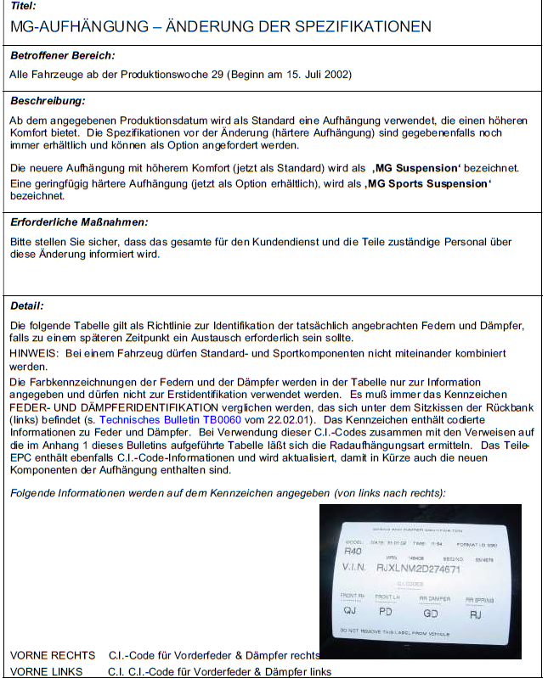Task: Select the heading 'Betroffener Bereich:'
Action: tap(62, 56)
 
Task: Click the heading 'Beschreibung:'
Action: tap(48, 102)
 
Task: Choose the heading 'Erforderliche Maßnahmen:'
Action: tap(79, 222)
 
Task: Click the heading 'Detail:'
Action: tap(27, 306)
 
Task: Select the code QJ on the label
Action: tap(349, 610)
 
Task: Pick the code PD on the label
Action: tap(386, 610)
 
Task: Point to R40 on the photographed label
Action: tap(352, 551)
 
